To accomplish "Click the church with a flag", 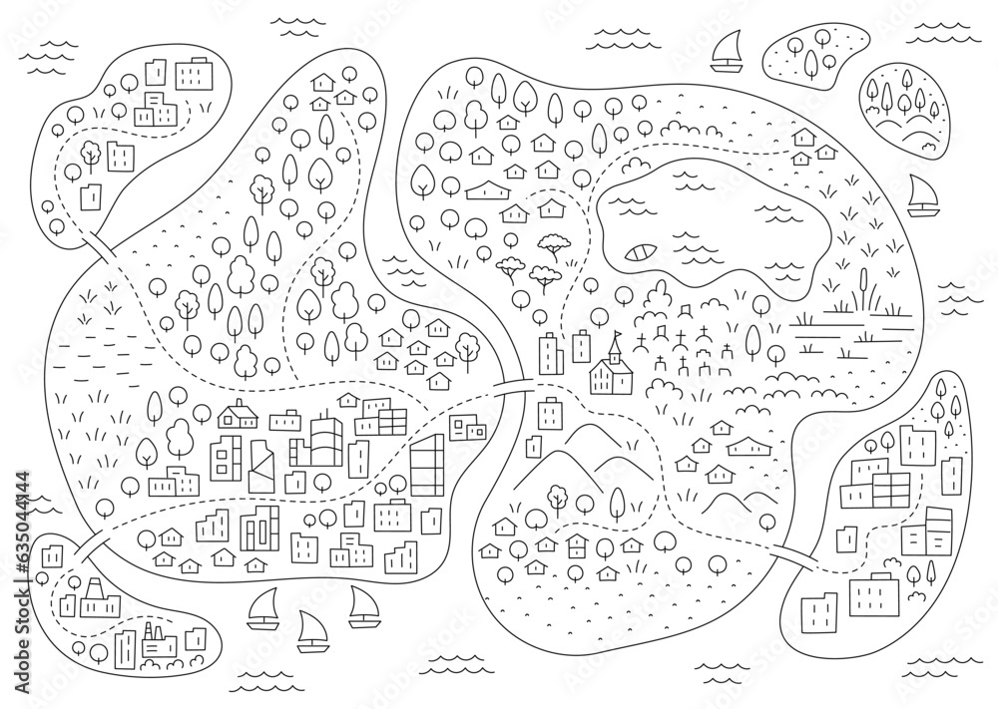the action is click(613, 369).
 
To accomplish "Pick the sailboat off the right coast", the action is click(923, 195).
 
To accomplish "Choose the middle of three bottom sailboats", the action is click(309, 629).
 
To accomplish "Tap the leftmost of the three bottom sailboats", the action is click(262, 608).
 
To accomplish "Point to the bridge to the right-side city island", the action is click(794, 554).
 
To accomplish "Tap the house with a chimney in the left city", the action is click(239, 414).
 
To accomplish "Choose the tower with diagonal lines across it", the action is click(263, 464).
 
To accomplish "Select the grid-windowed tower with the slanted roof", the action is click(427, 464).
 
